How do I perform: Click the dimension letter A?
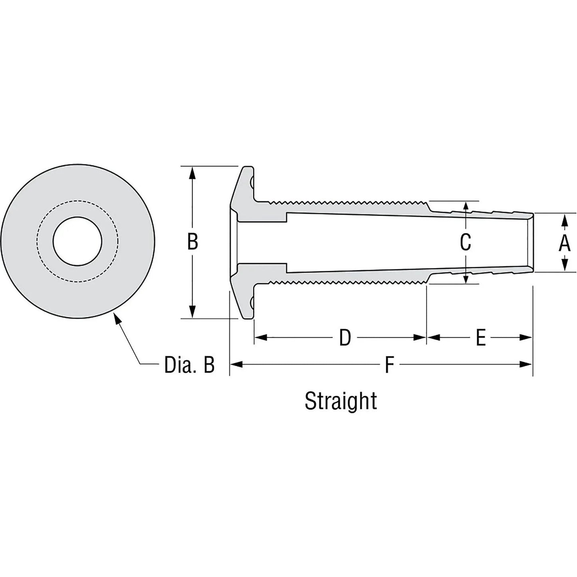[564, 243]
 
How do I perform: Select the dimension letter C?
[466, 242]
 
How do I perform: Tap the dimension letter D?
[345, 338]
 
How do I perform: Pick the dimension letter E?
[481, 338]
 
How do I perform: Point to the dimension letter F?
[389, 365]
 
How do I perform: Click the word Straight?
[341, 401]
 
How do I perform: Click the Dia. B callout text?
[189, 365]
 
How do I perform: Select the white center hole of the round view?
[77, 241]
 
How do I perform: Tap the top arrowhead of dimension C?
[466, 206]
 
